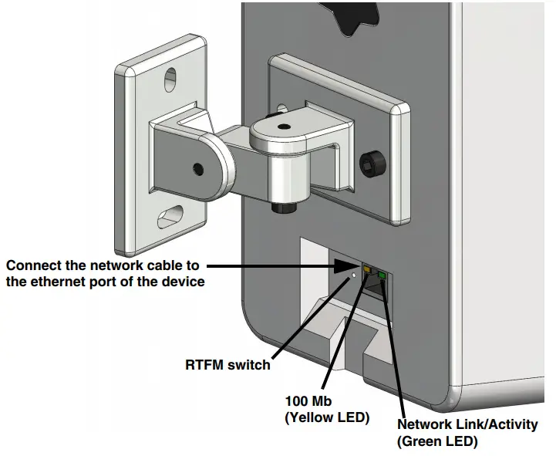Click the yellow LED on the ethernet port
pyautogui.click(x=367, y=271)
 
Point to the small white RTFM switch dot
pyautogui.click(x=353, y=273)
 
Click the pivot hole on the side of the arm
pyautogui.click(x=199, y=167)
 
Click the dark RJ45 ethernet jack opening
pyautogui.click(x=372, y=287)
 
